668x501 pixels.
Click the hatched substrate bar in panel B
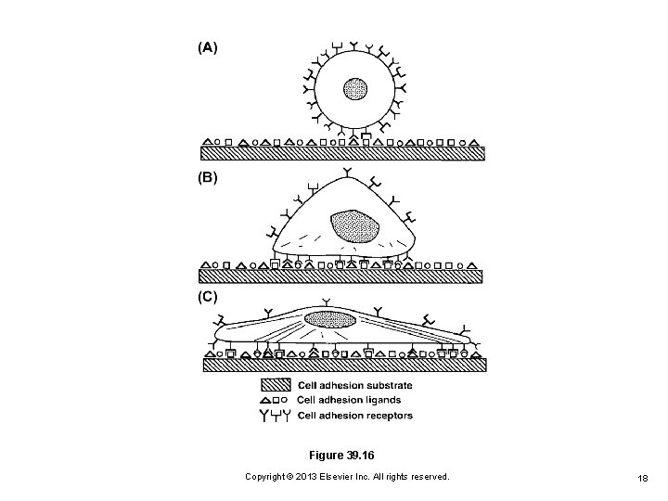tap(344, 276)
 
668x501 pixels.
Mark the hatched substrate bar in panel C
tap(344, 365)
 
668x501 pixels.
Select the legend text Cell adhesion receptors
tap(355, 415)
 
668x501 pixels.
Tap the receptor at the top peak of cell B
tap(347, 173)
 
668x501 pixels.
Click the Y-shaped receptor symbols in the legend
tap(273, 415)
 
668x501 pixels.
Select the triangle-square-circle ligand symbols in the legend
tap(273, 400)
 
